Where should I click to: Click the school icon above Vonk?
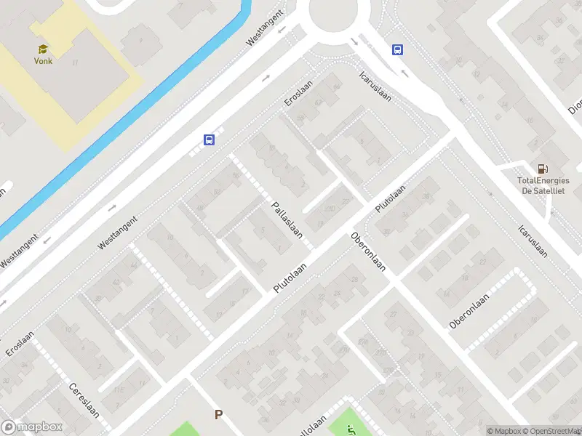[x=43, y=49]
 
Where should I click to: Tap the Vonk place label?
[x=43, y=61]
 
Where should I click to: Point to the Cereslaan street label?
[x=84, y=405]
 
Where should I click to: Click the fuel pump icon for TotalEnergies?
[x=542, y=169]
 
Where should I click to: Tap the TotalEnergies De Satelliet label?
[x=541, y=185]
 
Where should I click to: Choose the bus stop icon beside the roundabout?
[x=398, y=50]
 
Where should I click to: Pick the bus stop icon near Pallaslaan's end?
[x=209, y=140]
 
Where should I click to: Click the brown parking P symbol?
[x=218, y=415]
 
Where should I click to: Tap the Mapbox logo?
[x=32, y=427]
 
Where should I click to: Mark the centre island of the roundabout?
[x=339, y=10]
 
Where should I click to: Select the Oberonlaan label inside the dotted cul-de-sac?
[x=469, y=309]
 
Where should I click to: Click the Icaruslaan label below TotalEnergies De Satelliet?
[x=532, y=239]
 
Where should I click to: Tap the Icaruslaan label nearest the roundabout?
[x=375, y=86]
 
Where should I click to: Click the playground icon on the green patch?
[x=351, y=429]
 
